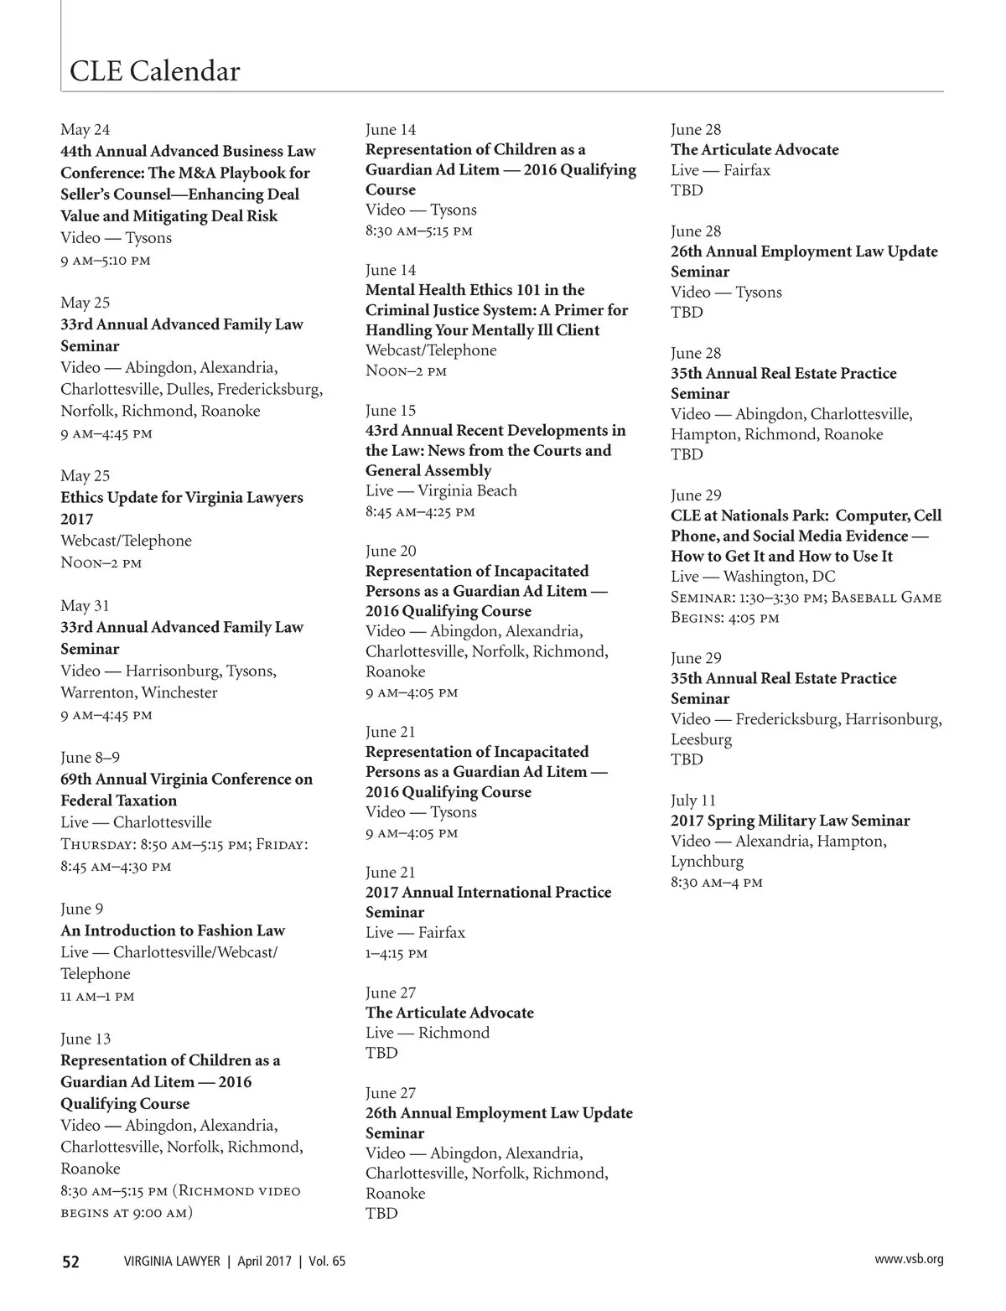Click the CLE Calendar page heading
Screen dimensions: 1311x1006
(x=154, y=71)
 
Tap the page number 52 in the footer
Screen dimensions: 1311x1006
(x=70, y=1262)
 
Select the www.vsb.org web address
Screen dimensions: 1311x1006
(x=909, y=1259)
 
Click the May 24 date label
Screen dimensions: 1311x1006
(x=85, y=130)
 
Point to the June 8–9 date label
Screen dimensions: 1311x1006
(x=90, y=758)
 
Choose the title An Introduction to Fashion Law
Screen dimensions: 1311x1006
(x=173, y=930)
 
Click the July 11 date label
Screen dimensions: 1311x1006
(x=693, y=801)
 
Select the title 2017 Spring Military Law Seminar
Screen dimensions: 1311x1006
(x=790, y=821)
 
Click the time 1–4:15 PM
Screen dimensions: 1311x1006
(x=397, y=953)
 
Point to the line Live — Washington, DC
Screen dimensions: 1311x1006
(x=753, y=577)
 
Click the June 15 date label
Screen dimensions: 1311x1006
(x=391, y=411)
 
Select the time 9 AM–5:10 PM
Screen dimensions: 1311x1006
(x=106, y=260)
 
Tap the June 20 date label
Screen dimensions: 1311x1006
(x=391, y=551)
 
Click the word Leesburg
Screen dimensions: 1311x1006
(x=701, y=739)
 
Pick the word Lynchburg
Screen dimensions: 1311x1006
(x=707, y=861)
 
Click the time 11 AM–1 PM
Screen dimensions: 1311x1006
(x=97, y=997)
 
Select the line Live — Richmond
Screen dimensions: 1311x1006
(x=428, y=1033)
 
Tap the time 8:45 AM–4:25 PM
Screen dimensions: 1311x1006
(x=420, y=511)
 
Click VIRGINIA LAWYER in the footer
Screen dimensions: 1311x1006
(x=172, y=1262)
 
